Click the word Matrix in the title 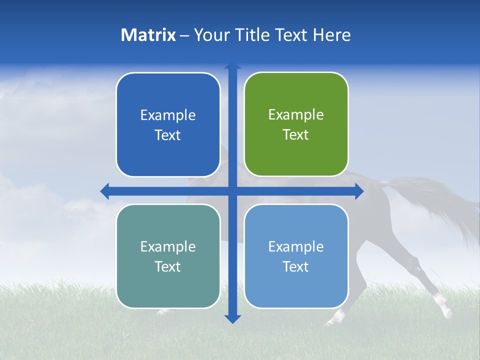[148, 35]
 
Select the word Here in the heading [331, 35]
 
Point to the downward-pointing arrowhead [232, 319]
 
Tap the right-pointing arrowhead [359, 191]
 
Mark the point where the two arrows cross [232, 191]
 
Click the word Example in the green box [296, 115]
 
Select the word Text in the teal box [167, 266]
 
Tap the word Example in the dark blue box [168, 115]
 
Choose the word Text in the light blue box [295, 266]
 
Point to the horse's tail [440, 200]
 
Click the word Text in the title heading [292, 35]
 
